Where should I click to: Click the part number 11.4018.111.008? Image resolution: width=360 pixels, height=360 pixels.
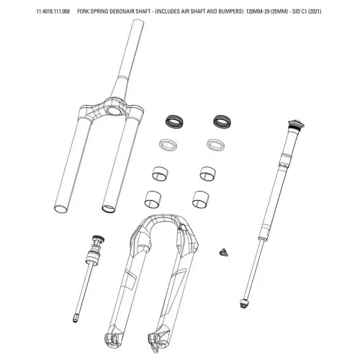click(x=53, y=12)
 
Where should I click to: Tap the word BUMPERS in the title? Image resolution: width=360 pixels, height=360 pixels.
click(x=230, y=12)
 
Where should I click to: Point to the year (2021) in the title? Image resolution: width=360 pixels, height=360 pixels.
click(x=315, y=12)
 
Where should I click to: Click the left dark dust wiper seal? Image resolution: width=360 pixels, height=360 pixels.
click(x=174, y=122)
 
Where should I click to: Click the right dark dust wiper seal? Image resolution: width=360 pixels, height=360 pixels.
click(x=222, y=122)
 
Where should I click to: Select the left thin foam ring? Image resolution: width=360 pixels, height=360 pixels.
click(x=168, y=145)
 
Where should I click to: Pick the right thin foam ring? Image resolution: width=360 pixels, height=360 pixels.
click(x=216, y=145)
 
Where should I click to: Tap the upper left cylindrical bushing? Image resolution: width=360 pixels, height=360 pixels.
click(x=160, y=174)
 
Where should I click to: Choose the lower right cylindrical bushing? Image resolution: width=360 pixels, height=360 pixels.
click(x=200, y=199)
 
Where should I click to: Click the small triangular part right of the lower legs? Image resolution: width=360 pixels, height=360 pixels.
click(x=223, y=253)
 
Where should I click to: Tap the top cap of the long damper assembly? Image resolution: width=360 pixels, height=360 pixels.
click(x=296, y=125)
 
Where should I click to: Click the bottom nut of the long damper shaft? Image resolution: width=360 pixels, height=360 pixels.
click(x=243, y=303)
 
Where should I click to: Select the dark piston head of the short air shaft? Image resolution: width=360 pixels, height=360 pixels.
click(x=98, y=239)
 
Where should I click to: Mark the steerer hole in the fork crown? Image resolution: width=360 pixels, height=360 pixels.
click(x=114, y=111)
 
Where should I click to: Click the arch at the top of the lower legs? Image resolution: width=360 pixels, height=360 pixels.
click(x=165, y=222)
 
